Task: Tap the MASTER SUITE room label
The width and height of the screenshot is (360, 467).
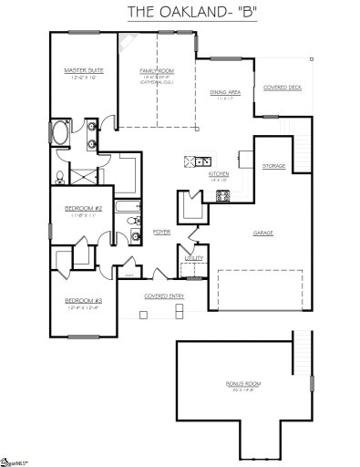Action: pyautogui.click(x=81, y=71)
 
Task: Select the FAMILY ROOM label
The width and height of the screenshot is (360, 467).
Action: pyautogui.click(x=158, y=71)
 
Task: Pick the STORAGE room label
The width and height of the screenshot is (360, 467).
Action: pyautogui.click(x=273, y=166)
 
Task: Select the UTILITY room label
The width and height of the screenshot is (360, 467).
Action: pyautogui.click(x=194, y=258)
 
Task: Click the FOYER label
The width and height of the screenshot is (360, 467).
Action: pyautogui.click(x=161, y=232)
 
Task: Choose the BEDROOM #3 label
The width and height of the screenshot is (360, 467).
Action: pyautogui.click(x=81, y=300)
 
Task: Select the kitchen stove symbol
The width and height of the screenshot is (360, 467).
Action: pyautogui.click(x=223, y=194)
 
